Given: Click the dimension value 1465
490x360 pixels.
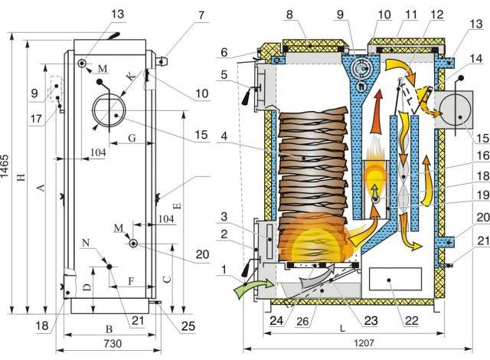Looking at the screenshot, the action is [5, 170].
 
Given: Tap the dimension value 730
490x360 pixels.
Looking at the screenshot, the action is [113, 343].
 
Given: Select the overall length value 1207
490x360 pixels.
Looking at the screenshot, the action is [364, 343].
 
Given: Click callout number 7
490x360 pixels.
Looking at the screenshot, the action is [201, 15].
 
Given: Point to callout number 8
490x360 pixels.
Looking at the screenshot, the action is [289, 15].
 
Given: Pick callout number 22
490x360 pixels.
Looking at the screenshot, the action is [412, 320].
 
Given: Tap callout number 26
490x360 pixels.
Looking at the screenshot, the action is [302, 321].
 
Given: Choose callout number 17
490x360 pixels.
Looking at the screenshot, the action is [36, 119].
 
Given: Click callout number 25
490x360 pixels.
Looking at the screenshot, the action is [188, 326].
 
